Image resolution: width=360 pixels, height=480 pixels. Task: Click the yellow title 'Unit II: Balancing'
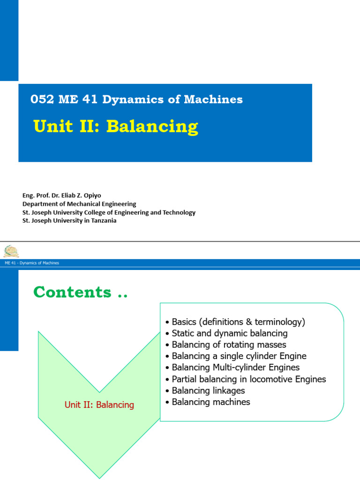pos(116,127)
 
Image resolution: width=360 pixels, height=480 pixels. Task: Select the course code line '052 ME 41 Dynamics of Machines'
pos(136,99)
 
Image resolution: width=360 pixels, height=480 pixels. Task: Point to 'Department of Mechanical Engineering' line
pos(79,204)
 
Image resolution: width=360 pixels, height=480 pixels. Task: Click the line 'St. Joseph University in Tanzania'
pos(69,221)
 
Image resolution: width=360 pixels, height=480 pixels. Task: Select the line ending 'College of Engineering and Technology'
pos(109,212)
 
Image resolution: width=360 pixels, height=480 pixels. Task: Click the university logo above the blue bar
pos(11,251)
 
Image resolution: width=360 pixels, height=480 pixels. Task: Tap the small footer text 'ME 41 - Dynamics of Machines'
pos(32,263)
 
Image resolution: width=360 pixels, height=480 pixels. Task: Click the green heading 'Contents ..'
pos(80,292)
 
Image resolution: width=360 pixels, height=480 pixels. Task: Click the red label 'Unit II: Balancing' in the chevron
pos(99,405)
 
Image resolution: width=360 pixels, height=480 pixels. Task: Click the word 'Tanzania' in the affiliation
pos(103,221)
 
